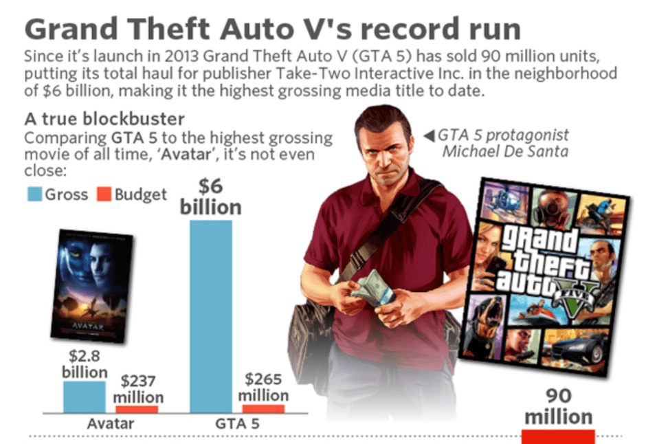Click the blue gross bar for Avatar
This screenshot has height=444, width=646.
[85, 397]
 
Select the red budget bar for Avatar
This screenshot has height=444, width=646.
[137, 410]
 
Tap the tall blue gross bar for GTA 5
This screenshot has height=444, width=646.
[210, 316]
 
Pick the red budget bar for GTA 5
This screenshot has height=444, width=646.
[263, 409]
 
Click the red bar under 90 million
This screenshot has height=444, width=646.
[557, 436]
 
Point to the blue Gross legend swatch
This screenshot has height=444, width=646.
[34, 195]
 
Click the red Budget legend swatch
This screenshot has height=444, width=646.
[104, 195]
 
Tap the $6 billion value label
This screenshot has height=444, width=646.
[210, 197]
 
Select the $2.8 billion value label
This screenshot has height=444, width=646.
[85, 364]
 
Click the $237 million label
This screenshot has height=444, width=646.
[137, 389]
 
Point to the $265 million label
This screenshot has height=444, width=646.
[263, 387]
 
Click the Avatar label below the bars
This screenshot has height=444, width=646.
[110, 423]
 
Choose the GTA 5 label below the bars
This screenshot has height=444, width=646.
[237, 423]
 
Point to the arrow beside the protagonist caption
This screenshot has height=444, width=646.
[430, 135]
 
